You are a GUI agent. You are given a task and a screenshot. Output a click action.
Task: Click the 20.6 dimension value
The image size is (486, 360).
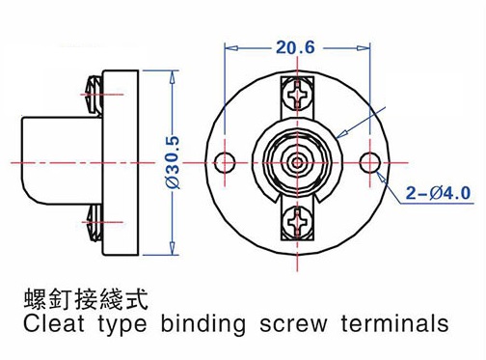click(295, 47)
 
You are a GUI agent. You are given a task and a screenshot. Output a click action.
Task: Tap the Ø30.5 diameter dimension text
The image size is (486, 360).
click(173, 163)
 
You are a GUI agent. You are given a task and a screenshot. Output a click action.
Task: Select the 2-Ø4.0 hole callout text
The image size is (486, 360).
click(439, 193)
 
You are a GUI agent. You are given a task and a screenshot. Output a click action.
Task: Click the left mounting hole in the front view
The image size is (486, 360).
click(225, 163)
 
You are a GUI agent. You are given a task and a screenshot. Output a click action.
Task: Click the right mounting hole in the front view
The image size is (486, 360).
click(370, 163)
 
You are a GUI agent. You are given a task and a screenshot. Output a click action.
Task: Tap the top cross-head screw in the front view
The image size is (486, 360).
click(298, 95)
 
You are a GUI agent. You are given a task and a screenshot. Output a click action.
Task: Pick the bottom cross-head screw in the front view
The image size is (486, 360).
click(298, 222)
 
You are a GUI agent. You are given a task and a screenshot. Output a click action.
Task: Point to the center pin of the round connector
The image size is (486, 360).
click(298, 163)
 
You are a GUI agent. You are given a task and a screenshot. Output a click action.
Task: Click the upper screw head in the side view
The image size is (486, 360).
click(94, 95)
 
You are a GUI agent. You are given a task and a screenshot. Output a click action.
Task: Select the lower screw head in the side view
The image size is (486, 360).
click(94, 222)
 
